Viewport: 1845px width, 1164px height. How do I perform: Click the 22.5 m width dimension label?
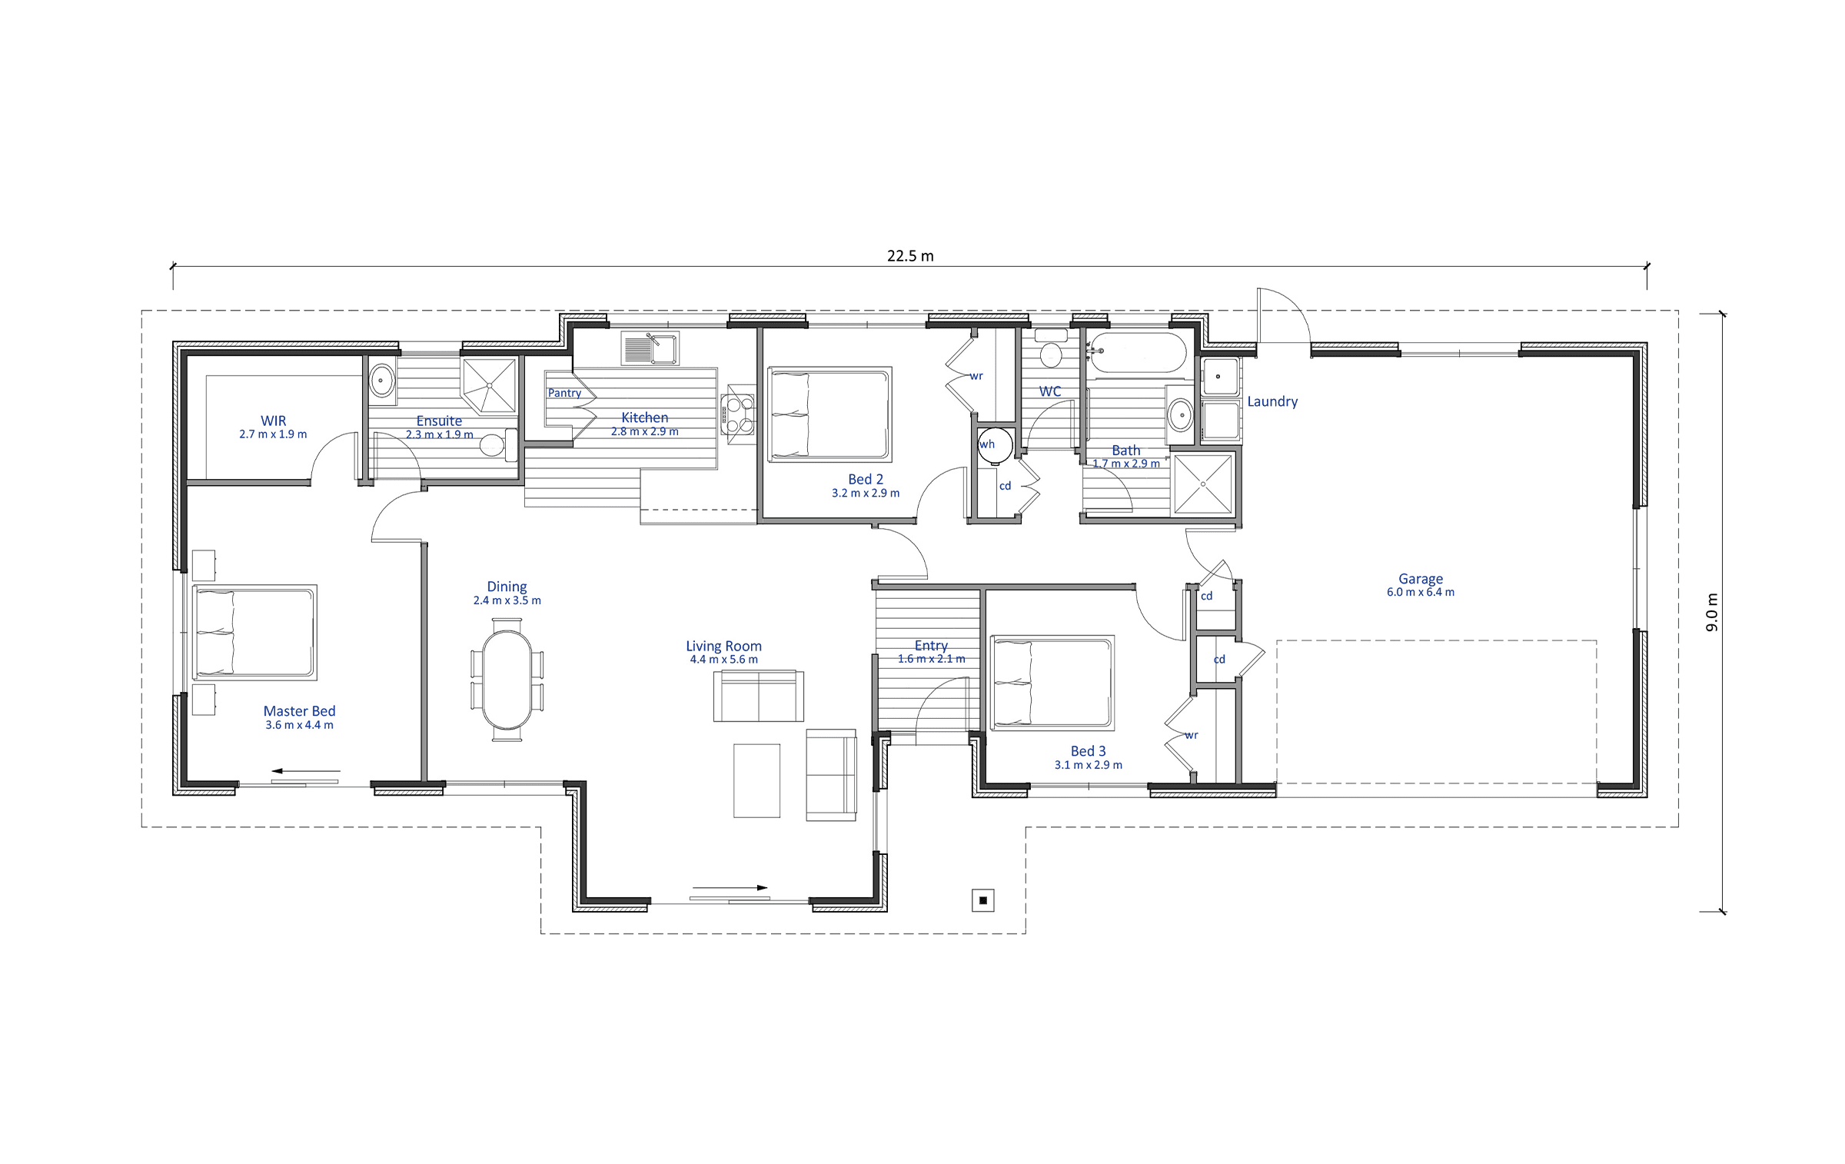pyautogui.click(x=910, y=256)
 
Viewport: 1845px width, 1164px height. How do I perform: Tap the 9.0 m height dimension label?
pyautogui.click(x=1712, y=612)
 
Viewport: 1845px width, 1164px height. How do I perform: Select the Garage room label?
pyautogui.click(x=1421, y=579)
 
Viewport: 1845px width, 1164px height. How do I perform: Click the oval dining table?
pyautogui.click(x=507, y=680)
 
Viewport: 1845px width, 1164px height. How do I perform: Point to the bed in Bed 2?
pyautogui.click(x=829, y=414)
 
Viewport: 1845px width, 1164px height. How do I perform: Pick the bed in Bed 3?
pyautogui.click(x=1052, y=683)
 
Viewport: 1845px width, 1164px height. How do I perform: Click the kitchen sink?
pyautogui.click(x=650, y=349)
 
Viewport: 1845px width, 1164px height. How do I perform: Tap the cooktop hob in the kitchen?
pyautogui.click(x=737, y=414)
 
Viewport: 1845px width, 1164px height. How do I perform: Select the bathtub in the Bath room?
pyautogui.click(x=1139, y=353)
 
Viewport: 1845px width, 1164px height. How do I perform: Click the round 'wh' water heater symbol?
pyautogui.click(x=995, y=445)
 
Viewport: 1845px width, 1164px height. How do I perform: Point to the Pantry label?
pyautogui.click(x=564, y=393)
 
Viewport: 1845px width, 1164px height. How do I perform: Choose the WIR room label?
pyautogui.click(x=273, y=421)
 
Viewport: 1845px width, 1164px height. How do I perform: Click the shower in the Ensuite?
pyautogui.click(x=488, y=385)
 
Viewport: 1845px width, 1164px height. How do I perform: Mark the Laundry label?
pyautogui.click(x=1272, y=401)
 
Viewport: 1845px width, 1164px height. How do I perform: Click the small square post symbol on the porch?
pyautogui.click(x=983, y=900)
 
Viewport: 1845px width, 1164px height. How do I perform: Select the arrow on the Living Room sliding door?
pyautogui.click(x=729, y=888)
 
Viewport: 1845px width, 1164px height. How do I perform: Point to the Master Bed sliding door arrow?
pyautogui.click(x=305, y=770)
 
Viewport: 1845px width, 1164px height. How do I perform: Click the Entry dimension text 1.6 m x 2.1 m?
pyautogui.click(x=931, y=659)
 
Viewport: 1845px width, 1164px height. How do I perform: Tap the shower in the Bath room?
pyautogui.click(x=1203, y=484)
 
